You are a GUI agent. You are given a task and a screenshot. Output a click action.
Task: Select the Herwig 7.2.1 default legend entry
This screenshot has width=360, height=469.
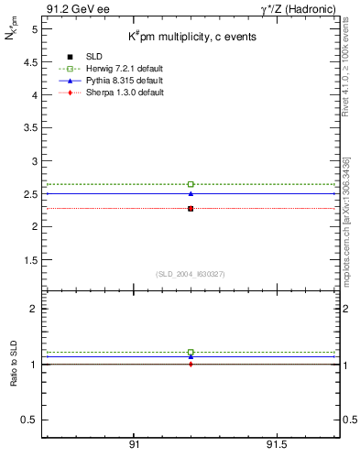[x=114, y=70]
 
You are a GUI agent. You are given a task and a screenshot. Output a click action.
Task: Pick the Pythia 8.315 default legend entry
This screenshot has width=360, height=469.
[x=114, y=82]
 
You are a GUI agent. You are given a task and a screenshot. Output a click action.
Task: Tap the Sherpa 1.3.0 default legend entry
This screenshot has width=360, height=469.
[x=114, y=93]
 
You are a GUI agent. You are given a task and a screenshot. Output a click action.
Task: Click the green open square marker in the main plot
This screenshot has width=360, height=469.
[x=191, y=184]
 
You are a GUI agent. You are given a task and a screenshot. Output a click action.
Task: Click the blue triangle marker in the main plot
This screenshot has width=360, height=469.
[x=191, y=193]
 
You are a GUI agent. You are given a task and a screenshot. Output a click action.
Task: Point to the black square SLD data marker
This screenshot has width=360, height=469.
[x=191, y=209]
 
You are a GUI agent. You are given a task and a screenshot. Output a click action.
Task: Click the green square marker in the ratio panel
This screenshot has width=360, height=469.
[x=191, y=352]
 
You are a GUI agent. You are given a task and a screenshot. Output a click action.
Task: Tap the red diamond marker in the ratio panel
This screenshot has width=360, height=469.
[x=191, y=364]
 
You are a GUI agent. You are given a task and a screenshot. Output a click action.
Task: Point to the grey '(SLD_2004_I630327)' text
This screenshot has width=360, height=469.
[x=190, y=273]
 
